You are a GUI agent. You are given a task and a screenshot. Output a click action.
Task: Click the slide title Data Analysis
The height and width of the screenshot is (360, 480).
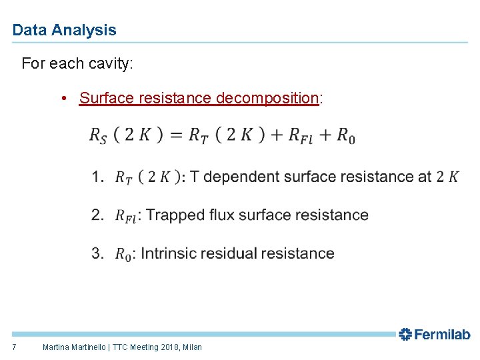pyautogui.click(x=64, y=30)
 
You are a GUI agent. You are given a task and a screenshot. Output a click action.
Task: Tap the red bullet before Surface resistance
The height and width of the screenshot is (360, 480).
pyautogui.click(x=63, y=99)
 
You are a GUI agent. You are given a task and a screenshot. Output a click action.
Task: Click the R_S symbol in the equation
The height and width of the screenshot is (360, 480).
pyautogui.click(x=97, y=135)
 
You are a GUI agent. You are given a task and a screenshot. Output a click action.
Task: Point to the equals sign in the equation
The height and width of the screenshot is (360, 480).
pyautogui.click(x=176, y=135)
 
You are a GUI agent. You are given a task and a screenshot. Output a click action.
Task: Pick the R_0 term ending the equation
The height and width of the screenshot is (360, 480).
pyautogui.click(x=345, y=135)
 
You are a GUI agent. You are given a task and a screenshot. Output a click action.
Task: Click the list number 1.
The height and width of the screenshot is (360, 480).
pyautogui.click(x=97, y=177)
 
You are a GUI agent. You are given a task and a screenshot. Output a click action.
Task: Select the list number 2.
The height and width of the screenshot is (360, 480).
pyautogui.click(x=97, y=215)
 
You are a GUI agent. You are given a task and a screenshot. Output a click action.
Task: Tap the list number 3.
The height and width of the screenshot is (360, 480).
pyautogui.click(x=97, y=253)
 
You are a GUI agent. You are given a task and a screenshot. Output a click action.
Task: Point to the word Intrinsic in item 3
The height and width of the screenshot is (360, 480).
pyautogui.click(x=167, y=253)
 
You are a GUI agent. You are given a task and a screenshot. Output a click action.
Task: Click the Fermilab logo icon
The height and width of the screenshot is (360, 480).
pyautogui.click(x=405, y=335)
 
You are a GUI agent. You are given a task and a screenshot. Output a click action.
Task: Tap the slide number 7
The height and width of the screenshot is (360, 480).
pyautogui.click(x=15, y=347)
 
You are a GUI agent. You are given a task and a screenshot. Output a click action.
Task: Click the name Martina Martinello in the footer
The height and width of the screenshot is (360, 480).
pyautogui.click(x=75, y=347)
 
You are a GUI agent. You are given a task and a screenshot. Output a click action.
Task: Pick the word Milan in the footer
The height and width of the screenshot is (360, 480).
pyautogui.click(x=191, y=347)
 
